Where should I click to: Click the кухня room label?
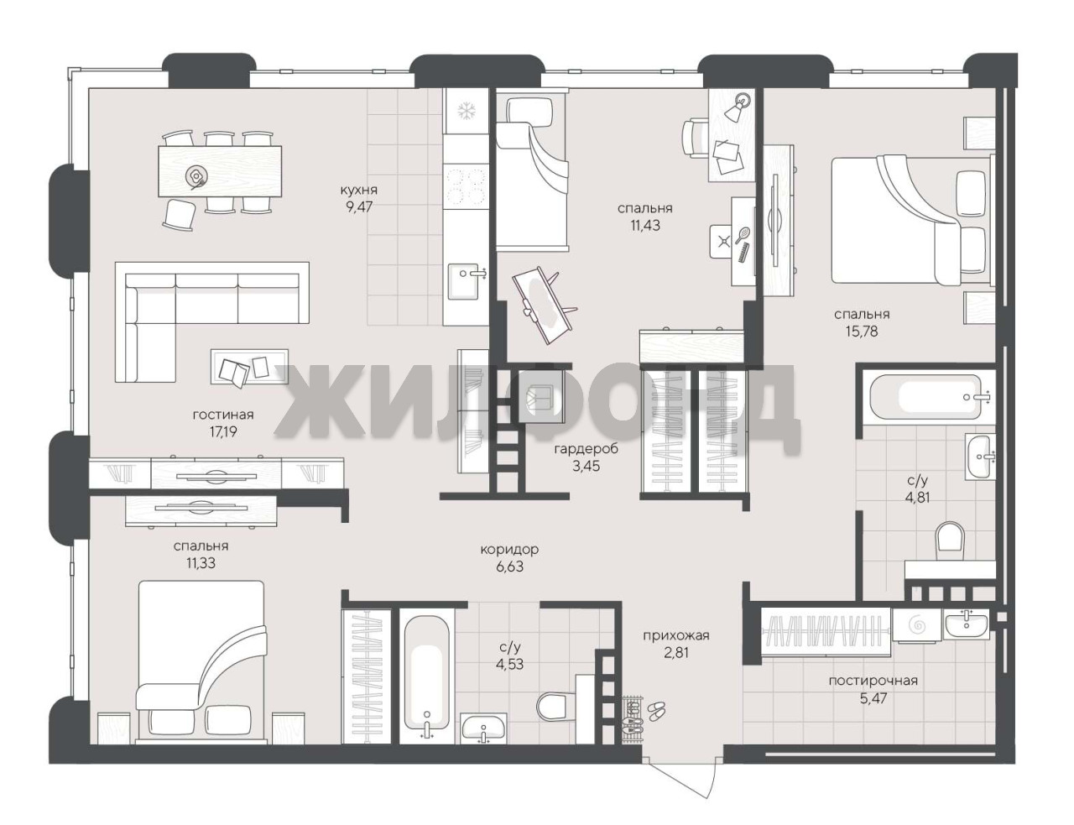pyautogui.click(x=359, y=190)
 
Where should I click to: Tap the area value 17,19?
pyautogui.click(x=223, y=432)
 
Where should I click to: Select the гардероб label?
pyautogui.click(x=587, y=449)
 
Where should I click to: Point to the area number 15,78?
pyautogui.click(x=862, y=332)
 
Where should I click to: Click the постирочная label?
pyautogui.click(x=873, y=681)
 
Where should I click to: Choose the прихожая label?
pyautogui.click(x=676, y=635)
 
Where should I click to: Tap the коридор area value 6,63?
pyautogui.click(x=509, y=567)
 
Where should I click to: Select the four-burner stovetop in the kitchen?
pyautogui.click(x=466, y=187)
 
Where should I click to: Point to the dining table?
pyautogui.click(x=220, y=171)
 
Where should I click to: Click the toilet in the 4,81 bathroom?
pyautogui.click(x=950, y=541)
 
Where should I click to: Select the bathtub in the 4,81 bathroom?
pyautogui.click(x=925, y=397)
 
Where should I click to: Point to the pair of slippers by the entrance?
pyautogui.click(x=655, y=710)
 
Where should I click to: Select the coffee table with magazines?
pyautogui.click(x=249, y=367)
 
